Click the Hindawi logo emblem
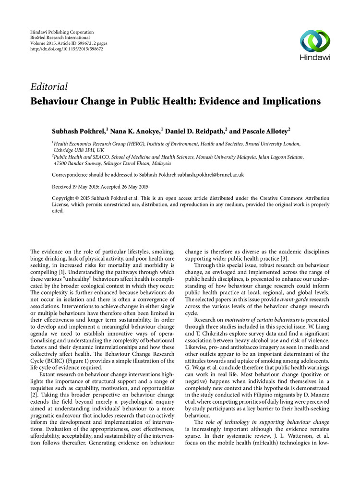tap(315, 39)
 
